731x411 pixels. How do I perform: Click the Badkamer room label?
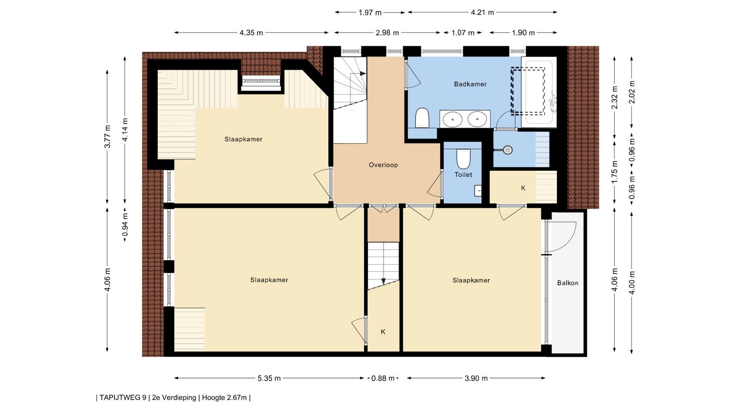[x=470, y=84]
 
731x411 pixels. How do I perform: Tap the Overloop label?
[x=383, y=165]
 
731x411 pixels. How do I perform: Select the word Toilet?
[x=463, y=175]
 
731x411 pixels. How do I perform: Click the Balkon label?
[x=567, y=283]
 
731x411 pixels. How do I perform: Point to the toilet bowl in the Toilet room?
[x=463, y=159]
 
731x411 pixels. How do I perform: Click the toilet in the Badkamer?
[x=422, y=118]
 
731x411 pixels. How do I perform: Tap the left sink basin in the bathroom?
[x=453, y=119]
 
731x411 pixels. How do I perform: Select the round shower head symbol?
[x=508, y=150]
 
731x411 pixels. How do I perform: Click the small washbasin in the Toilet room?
[x=478, y=191]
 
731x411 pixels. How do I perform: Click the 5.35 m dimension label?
[x=269, y=378]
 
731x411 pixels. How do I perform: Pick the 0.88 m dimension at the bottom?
[x=383, y=378]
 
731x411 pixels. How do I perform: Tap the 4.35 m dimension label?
[x=251, y=33]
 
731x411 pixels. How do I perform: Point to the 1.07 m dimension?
[x=463, y=33]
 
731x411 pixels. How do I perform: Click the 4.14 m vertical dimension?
[x=125, y=130]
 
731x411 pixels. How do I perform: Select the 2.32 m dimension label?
[x=614, y=97]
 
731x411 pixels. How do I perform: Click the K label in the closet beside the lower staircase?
[x=383, y=332]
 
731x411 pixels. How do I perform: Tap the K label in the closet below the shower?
[x=523, y=188]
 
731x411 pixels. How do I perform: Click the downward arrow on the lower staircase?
[x=383, y=281]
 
